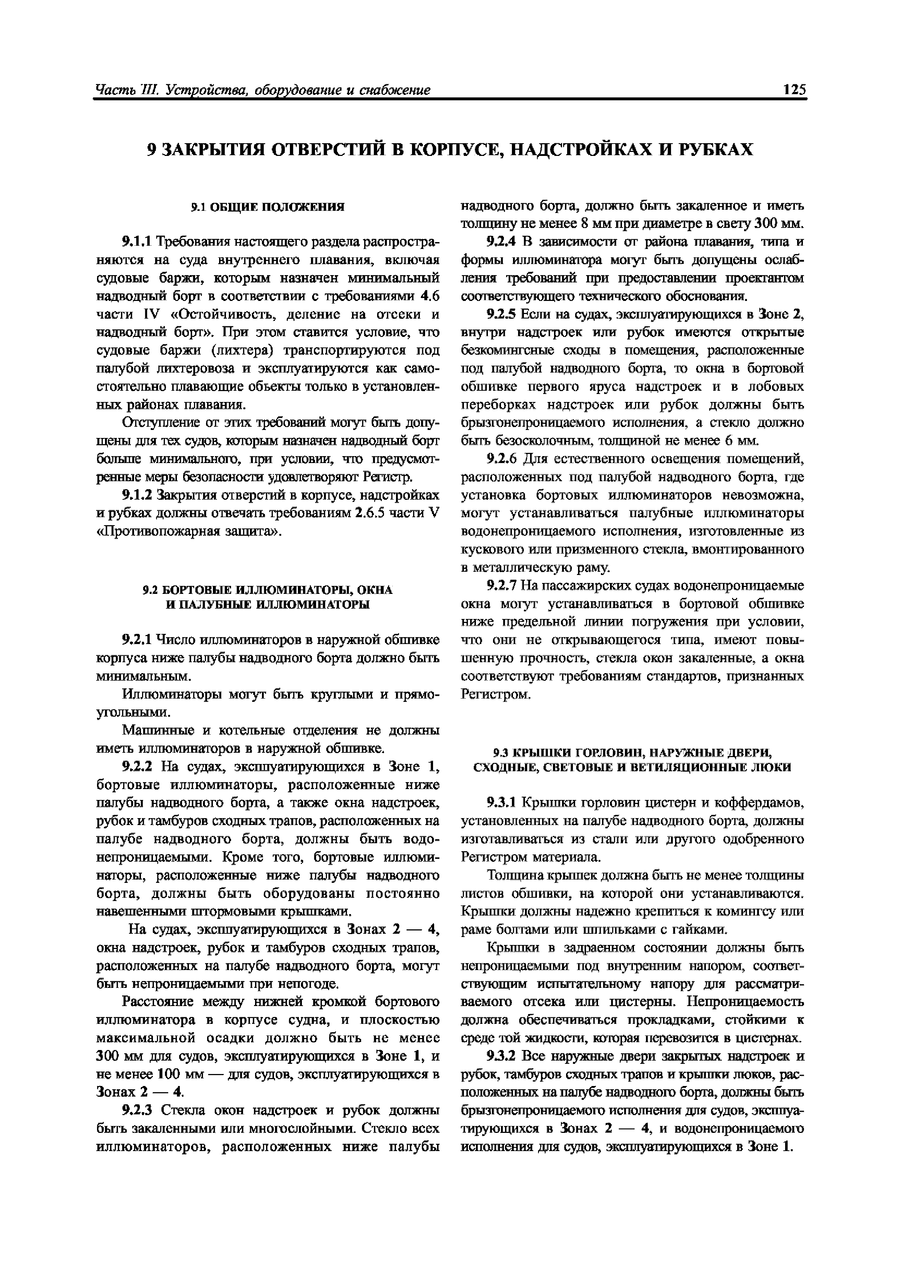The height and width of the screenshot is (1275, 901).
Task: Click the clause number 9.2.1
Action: tap(137, 640)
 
